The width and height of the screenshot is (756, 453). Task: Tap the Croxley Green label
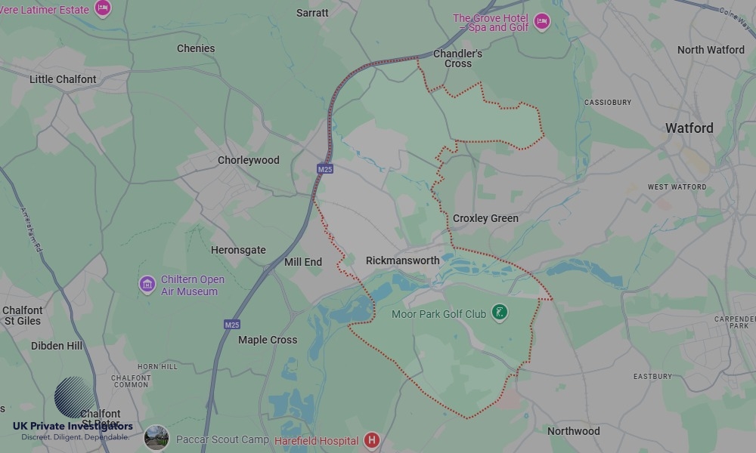[x=485, y=218]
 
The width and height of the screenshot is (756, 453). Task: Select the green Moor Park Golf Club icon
[x=499, y=311]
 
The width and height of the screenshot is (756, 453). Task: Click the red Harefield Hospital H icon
[x=371, y=439]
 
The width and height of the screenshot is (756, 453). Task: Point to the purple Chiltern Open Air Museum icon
[x=147, y=285]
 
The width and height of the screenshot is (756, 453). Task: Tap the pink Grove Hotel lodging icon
[x=541, y=21]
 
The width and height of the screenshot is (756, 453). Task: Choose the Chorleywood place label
[x=248, y=160]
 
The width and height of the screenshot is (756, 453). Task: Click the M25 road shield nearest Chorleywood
[x=325, y=169]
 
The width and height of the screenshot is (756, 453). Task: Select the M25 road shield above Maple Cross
[x=232, y=325]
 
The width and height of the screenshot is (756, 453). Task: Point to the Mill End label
[x=303, y=262]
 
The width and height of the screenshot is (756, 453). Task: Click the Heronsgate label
[x=238, y=250]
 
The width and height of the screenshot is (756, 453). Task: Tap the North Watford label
[x=711, y=50]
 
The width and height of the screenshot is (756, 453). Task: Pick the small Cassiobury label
[x=607, y=102]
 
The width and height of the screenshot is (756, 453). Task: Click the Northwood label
[x=573, y=431]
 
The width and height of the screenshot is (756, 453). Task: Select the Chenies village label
[x=196, y=48]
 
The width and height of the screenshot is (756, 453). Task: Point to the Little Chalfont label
[x=63, y=79]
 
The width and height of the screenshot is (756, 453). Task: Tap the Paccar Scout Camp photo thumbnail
[x=156, y=438]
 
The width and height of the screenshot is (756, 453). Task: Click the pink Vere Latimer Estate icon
[x=103, y=8]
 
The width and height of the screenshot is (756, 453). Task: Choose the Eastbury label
[x=652, y=376]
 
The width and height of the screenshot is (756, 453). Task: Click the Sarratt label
[x=312, y=13]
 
